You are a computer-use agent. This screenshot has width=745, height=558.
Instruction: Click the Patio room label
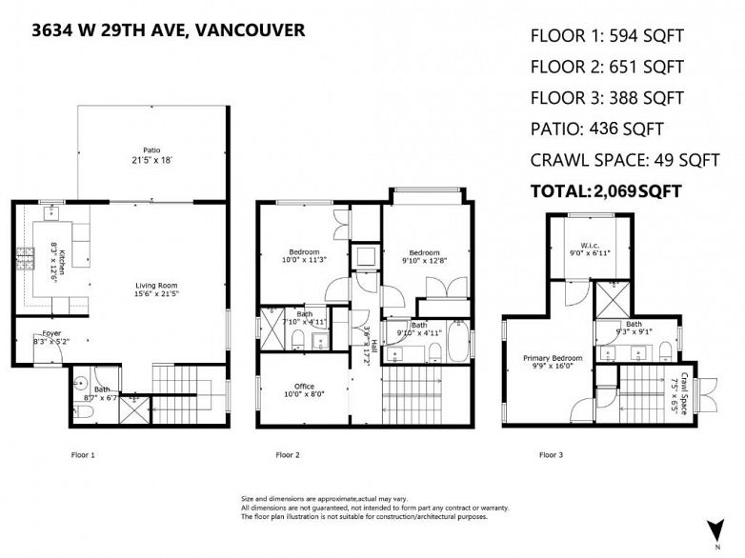point(152,150)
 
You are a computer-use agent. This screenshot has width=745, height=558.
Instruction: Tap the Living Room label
point(156,286)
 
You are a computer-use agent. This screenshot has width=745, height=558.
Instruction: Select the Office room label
point(304,386)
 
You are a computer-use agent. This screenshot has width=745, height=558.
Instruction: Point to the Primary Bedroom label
point(553,358)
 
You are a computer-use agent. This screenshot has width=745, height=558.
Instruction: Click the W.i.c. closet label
point(590,246)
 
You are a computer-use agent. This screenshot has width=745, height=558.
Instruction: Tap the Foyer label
point(51,333)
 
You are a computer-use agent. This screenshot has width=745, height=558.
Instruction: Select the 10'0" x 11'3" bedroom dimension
point(304,260)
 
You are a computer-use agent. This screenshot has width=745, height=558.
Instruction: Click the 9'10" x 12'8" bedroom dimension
point(424,260)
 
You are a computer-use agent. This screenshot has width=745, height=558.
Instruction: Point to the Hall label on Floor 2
point(373,346)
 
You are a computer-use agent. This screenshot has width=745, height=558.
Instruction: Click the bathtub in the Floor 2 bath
point(458,342)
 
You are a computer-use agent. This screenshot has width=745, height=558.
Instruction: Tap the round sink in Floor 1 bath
point(81,381)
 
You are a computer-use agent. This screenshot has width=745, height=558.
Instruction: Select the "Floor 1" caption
point(83,455)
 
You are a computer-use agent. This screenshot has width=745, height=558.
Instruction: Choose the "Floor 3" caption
point(552,455)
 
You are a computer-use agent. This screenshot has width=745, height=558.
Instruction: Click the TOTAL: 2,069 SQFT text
point(606,191)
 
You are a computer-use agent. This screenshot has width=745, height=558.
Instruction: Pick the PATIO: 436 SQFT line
point(596,129)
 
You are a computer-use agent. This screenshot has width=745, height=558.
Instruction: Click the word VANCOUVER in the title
point(250,30)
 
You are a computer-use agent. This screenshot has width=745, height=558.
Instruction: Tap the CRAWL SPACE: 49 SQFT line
point(625,160)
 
